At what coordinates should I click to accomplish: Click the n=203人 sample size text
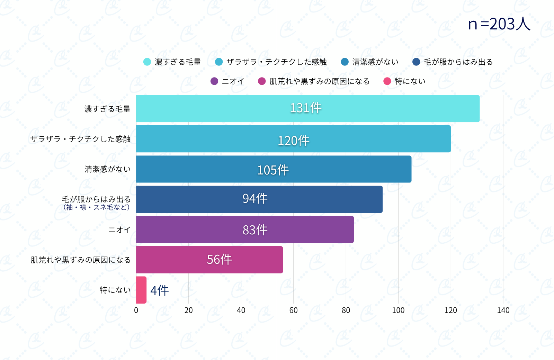click(499, 24)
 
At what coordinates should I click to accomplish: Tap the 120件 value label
click(294, 141)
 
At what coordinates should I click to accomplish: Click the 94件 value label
click(255, 199)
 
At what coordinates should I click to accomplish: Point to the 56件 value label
click(219, 260)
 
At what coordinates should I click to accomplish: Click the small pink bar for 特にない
click(141, 290)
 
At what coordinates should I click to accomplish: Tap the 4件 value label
click(160, 290)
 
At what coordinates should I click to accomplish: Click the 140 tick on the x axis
click(503, 310)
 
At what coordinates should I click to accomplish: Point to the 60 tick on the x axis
click(293, 310)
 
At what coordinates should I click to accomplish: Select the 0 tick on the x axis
click(136, 310)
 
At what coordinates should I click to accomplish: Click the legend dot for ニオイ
click(214, 81)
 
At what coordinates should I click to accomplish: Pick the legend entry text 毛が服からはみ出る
click(458, 62)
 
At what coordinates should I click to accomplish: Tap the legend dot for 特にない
click(387, 81)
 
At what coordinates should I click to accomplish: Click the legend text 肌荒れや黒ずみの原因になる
click(319, 81)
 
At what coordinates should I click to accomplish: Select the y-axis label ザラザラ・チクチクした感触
click(80, 139)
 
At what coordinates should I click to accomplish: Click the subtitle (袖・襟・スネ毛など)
click(96, 207)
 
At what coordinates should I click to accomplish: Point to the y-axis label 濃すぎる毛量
click(107, 109)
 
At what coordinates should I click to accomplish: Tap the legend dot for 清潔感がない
click(345, 62)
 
